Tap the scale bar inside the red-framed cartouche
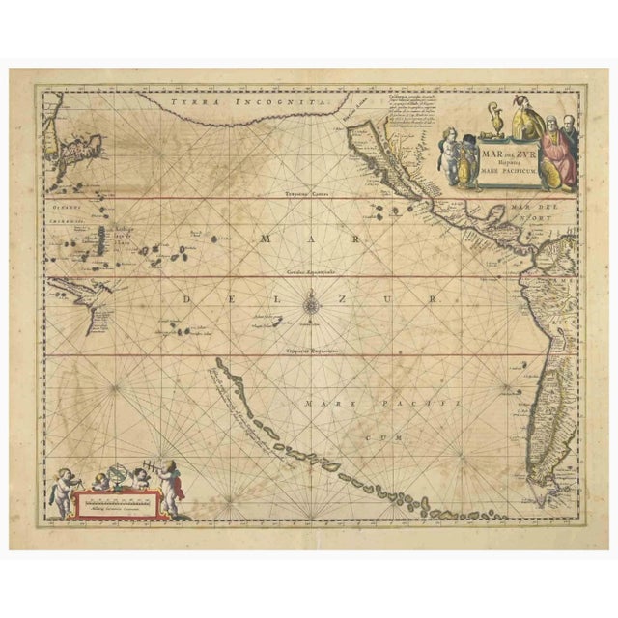tap(112, 500)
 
